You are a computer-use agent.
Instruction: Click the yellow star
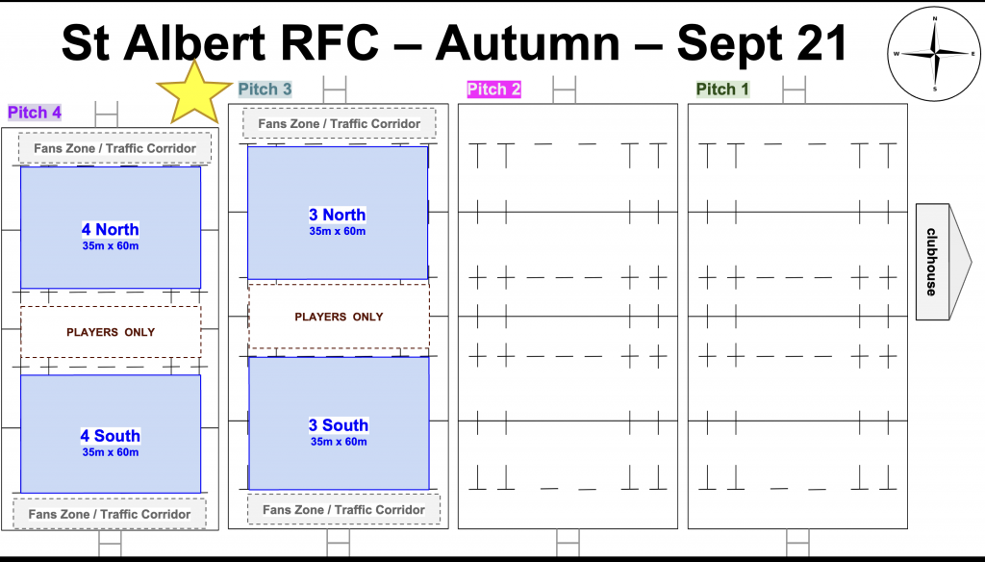[x=193, y=94]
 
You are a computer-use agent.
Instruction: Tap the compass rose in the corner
[x=934, y=54]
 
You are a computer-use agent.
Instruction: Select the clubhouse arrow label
[x=944, y=262]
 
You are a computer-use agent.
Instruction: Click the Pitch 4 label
[x=35, y=113]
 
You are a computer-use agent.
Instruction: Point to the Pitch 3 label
[x=265, y=89]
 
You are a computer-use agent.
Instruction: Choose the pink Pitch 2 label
[x=493, y=89]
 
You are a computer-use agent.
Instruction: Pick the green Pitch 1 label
[x=722, y=89]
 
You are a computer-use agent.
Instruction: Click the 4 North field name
[x=110, y=229]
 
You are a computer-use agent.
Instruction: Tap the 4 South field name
[x=110, y=436]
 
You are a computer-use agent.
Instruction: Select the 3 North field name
[x=338, y=215]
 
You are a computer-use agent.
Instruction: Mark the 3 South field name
[x=339, y=425]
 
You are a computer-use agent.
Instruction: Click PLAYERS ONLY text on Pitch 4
[x=111, y=332]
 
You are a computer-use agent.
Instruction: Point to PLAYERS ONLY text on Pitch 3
[x=339, y=317]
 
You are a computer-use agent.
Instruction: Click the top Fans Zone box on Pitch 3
[x=340, y=124]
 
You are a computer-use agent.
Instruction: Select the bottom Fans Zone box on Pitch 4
[x=110, y=514]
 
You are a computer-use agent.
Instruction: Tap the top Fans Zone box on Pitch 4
[x=115, y=148]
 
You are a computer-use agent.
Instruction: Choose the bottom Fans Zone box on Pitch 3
[x=343, y=510]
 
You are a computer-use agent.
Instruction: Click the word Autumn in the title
[x=528, y=42]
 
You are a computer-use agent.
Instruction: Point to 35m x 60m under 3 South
[x=339, y=442]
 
